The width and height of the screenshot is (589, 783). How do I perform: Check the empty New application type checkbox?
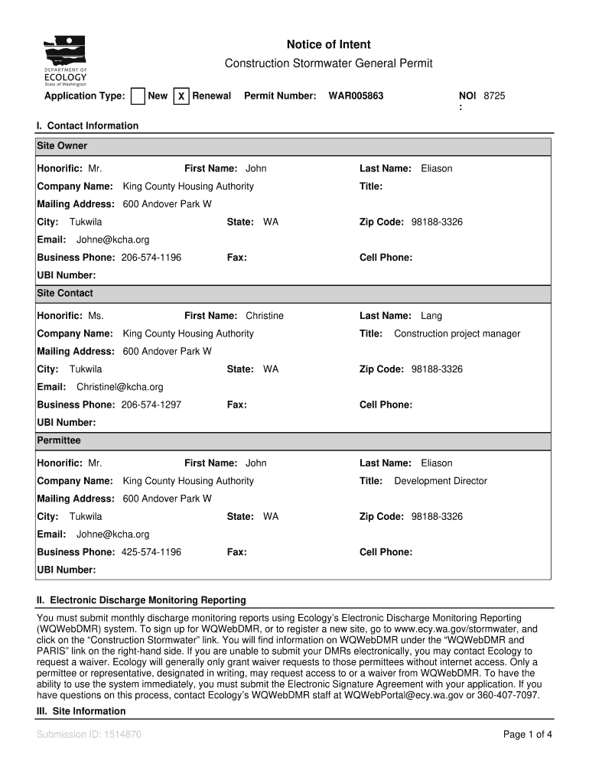coord(138,96)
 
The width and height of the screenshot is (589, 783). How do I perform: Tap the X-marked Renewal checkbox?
coord(181,96)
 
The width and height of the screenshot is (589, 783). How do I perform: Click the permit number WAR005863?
coord(356,96)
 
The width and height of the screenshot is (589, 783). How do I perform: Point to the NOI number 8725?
coord(494,96)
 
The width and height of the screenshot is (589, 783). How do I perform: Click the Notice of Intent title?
coord(328,45)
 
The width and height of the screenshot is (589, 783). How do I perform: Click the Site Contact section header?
coord(65,294)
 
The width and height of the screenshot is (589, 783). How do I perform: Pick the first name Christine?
coord(264,316)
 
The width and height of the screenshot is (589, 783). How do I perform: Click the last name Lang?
coord(431,316)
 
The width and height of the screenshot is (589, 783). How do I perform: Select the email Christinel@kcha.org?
coord(119,387)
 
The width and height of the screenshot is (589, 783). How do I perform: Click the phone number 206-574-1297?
coord(151,404)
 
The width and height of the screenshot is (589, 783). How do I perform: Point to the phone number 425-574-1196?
coord(151,552)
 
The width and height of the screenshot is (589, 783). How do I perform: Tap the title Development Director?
coord(440,481)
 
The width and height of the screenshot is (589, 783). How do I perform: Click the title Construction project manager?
coord(457,333)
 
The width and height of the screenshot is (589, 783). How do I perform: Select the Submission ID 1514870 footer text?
coord(89,735)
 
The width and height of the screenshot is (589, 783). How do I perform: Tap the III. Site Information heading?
coord(82,711)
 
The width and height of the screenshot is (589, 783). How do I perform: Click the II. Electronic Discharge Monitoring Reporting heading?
coord(142,600)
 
